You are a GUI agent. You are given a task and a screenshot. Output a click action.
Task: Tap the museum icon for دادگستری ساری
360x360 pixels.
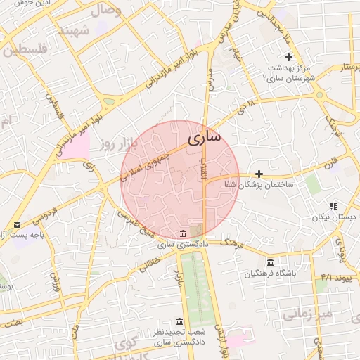click(183, 233)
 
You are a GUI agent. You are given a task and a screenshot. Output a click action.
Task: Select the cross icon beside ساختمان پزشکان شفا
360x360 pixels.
click(259, 173)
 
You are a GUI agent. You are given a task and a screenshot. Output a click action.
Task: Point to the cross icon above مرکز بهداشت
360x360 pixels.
click(288, 57)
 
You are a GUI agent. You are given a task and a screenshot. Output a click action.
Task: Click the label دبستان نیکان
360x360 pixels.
click(335, 217)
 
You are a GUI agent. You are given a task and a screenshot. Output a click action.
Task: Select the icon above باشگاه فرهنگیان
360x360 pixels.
click(270, 262)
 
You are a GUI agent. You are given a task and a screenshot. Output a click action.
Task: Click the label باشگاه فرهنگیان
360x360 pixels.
click(271, 274)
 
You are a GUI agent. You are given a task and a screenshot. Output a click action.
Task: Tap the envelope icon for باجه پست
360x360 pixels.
click(18, 224)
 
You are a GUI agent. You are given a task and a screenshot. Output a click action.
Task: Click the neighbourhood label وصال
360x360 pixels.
click(105, 11)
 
